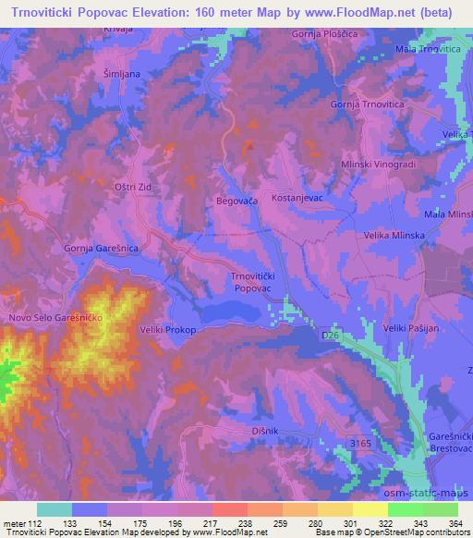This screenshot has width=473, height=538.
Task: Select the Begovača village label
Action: pos(239,199)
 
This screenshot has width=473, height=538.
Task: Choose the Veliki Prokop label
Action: pos(168,328)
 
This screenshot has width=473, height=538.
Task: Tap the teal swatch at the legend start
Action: pos(54,509)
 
